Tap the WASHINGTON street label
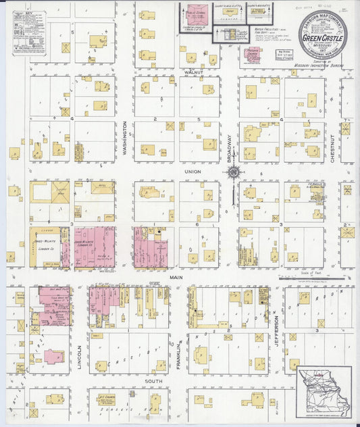[x=126, y=139]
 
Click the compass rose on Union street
[x=233, y=172]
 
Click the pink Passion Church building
[x=253, y=55]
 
